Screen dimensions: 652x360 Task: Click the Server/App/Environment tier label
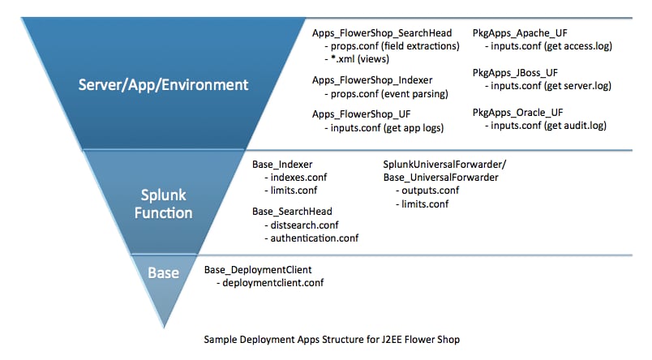point(164,85)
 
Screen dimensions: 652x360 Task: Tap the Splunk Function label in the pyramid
point(164,204)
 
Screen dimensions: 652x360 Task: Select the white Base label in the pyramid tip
point(164,273)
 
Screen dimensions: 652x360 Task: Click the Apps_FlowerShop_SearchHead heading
point(382,33)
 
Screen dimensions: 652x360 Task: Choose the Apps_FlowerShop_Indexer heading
point(372,80)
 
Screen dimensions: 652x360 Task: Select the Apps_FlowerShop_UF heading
point(362,114)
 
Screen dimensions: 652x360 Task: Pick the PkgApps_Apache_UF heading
point(520,33)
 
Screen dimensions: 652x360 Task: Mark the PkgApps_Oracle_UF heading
point(517,113)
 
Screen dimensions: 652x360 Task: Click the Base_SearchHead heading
point(292,212)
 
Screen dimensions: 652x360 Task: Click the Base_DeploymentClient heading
point(258,270)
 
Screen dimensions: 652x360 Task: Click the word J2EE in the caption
point(392,340)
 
